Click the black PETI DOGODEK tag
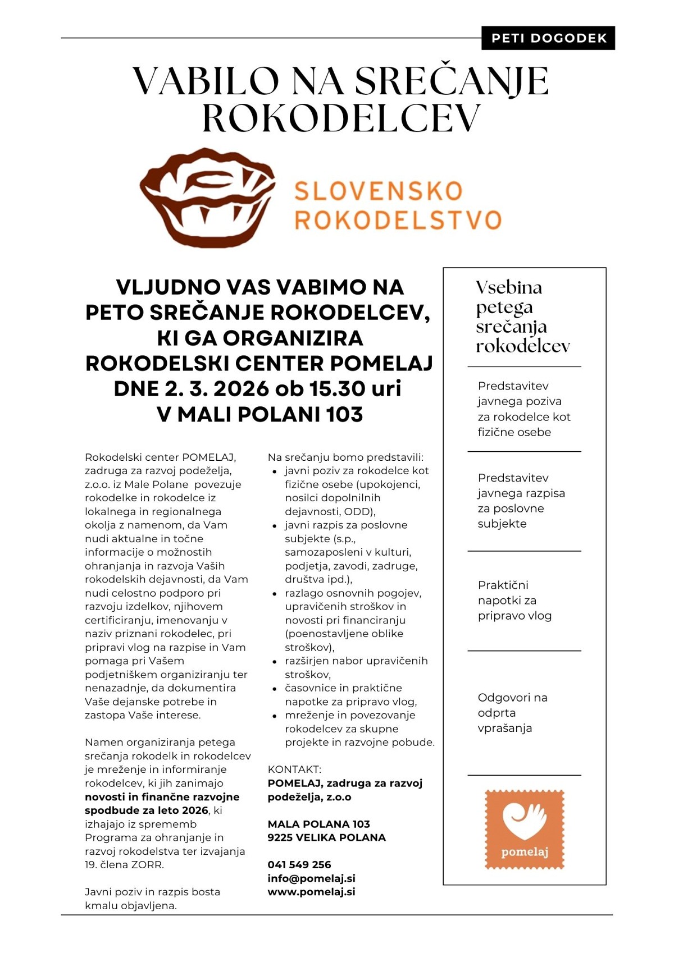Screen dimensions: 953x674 548,38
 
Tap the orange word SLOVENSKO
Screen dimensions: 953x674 379,191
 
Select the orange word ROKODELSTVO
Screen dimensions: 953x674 398,220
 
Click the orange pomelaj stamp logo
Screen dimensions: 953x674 524,830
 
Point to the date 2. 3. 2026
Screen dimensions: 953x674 216,389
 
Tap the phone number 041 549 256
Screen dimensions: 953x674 299,864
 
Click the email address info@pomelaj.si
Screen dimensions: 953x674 311,878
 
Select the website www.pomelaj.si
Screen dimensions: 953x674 311,892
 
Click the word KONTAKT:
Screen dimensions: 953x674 294,769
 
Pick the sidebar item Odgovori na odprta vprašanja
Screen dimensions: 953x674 512,713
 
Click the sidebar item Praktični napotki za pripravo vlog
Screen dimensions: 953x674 514,600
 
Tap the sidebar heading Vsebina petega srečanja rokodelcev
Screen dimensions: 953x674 522,317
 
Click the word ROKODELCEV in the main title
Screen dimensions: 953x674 341,118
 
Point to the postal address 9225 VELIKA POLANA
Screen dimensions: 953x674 326,837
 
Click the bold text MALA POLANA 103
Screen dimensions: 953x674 318,824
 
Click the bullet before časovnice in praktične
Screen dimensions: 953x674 275,689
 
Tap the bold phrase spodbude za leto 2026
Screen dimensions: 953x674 146,810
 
